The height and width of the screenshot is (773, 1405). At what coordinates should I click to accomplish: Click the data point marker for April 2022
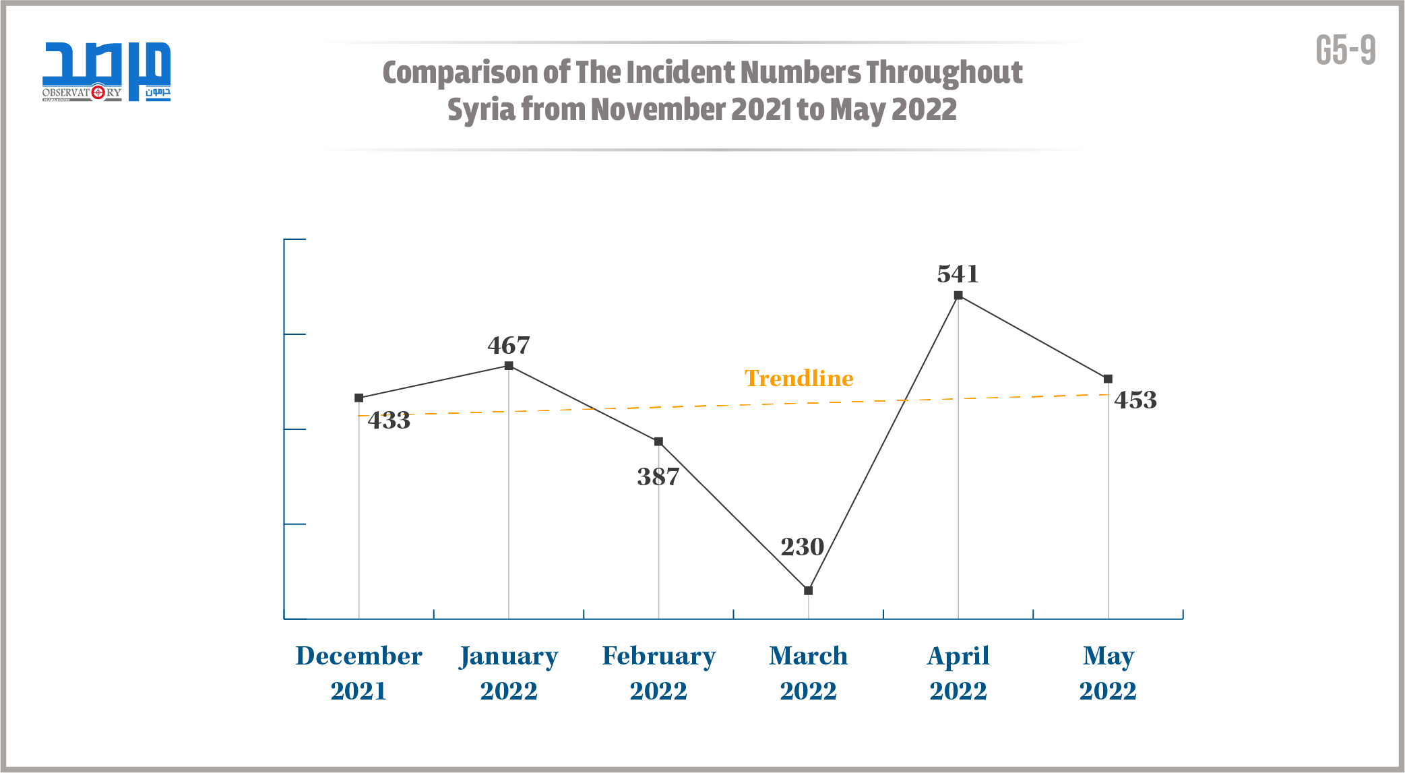pos(958,295)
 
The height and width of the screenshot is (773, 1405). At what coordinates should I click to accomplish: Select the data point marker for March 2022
pos(809,590)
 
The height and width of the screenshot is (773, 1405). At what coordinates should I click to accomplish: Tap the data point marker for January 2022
pos(509,366)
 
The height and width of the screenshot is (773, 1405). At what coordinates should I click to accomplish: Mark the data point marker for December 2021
pos(359,398)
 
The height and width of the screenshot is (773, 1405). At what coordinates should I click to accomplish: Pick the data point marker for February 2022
pos(658,441)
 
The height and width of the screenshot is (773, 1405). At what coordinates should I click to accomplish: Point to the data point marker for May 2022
pos(1108,379)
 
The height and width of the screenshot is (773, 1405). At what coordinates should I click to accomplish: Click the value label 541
pos(958,274)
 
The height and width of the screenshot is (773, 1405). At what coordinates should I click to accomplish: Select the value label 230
pos(802,547)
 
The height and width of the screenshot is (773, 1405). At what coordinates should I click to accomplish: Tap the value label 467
pos(509,346)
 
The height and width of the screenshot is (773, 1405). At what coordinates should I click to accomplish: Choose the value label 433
pos(389,421)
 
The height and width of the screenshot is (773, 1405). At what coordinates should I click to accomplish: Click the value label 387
pos(658,477)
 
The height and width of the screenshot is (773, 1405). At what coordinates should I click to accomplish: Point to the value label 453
pos(1135,400)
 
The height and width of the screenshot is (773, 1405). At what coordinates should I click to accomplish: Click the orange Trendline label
pos(799,379)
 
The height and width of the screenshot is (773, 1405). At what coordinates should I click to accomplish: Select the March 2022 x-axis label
pos(809,673)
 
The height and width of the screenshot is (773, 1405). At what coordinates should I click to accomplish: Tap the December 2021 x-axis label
pos(359,673)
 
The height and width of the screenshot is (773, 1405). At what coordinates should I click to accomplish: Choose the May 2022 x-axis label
pos(1108,673)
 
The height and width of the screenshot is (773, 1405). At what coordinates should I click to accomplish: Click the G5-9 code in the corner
pos(1345,51)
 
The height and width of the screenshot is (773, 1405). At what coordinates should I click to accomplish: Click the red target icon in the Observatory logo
pos(98,92)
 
